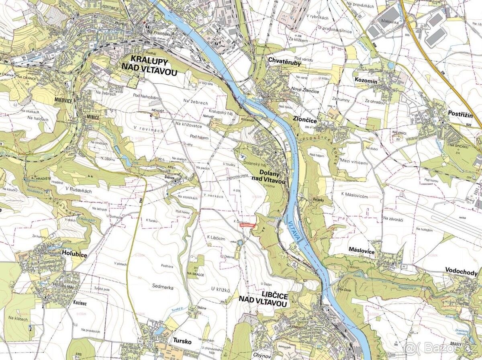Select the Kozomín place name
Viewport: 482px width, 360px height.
[366, 81]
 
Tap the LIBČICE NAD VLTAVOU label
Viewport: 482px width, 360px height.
[264, 300]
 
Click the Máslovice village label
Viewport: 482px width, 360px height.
[361, 252]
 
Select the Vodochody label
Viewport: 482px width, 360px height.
[461, 273]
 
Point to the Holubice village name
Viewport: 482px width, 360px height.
[74, 254]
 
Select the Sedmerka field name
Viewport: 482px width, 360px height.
[162, 286]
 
